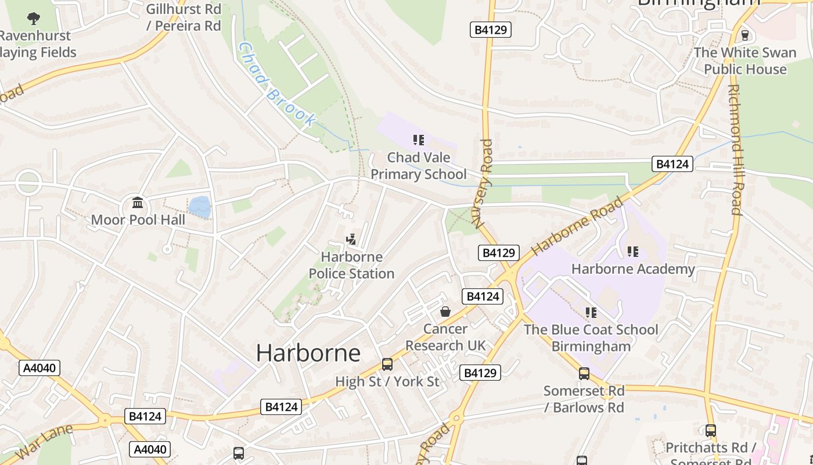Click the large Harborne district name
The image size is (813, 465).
click(308, 353)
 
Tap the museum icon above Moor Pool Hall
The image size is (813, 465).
click(138, 203)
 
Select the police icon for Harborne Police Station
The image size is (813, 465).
click(351, 239)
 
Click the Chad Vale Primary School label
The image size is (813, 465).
click(418, 166)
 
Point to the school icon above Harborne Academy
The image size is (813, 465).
click(632, 252)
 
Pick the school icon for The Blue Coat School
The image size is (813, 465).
click(591, 313)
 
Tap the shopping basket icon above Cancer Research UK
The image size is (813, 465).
click(445, 312)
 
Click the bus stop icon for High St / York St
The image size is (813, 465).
click(387, 364)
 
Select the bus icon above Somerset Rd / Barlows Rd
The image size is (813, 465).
click(584, 374)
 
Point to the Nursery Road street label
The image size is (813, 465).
click(483, 184)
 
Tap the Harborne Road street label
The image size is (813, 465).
click(577, 226)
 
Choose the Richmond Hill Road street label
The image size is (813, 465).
click(736, 150)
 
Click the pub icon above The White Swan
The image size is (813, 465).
click(745, 35)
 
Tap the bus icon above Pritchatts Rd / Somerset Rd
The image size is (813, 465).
click(710, 431)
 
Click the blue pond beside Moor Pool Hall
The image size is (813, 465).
click(199, 207)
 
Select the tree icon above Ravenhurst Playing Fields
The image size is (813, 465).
click(34, 18)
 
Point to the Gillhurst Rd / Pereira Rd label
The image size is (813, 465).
click(183, 17)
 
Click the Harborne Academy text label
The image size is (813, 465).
click(633, 269)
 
